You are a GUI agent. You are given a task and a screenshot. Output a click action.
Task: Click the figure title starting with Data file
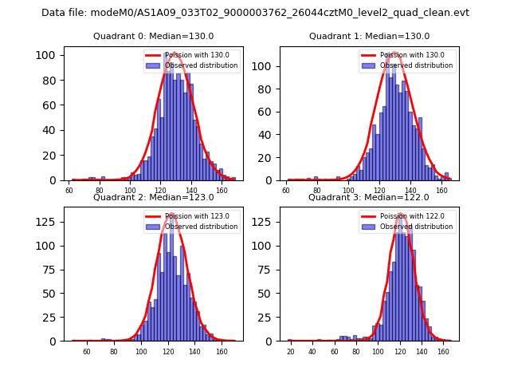tap(255, 13)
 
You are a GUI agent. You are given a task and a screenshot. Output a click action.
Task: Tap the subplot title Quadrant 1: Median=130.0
tap(369, 36)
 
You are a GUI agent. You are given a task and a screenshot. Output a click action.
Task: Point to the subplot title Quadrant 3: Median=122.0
tap(369, 197)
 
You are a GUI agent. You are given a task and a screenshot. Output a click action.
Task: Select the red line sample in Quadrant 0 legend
tap(154, 55)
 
